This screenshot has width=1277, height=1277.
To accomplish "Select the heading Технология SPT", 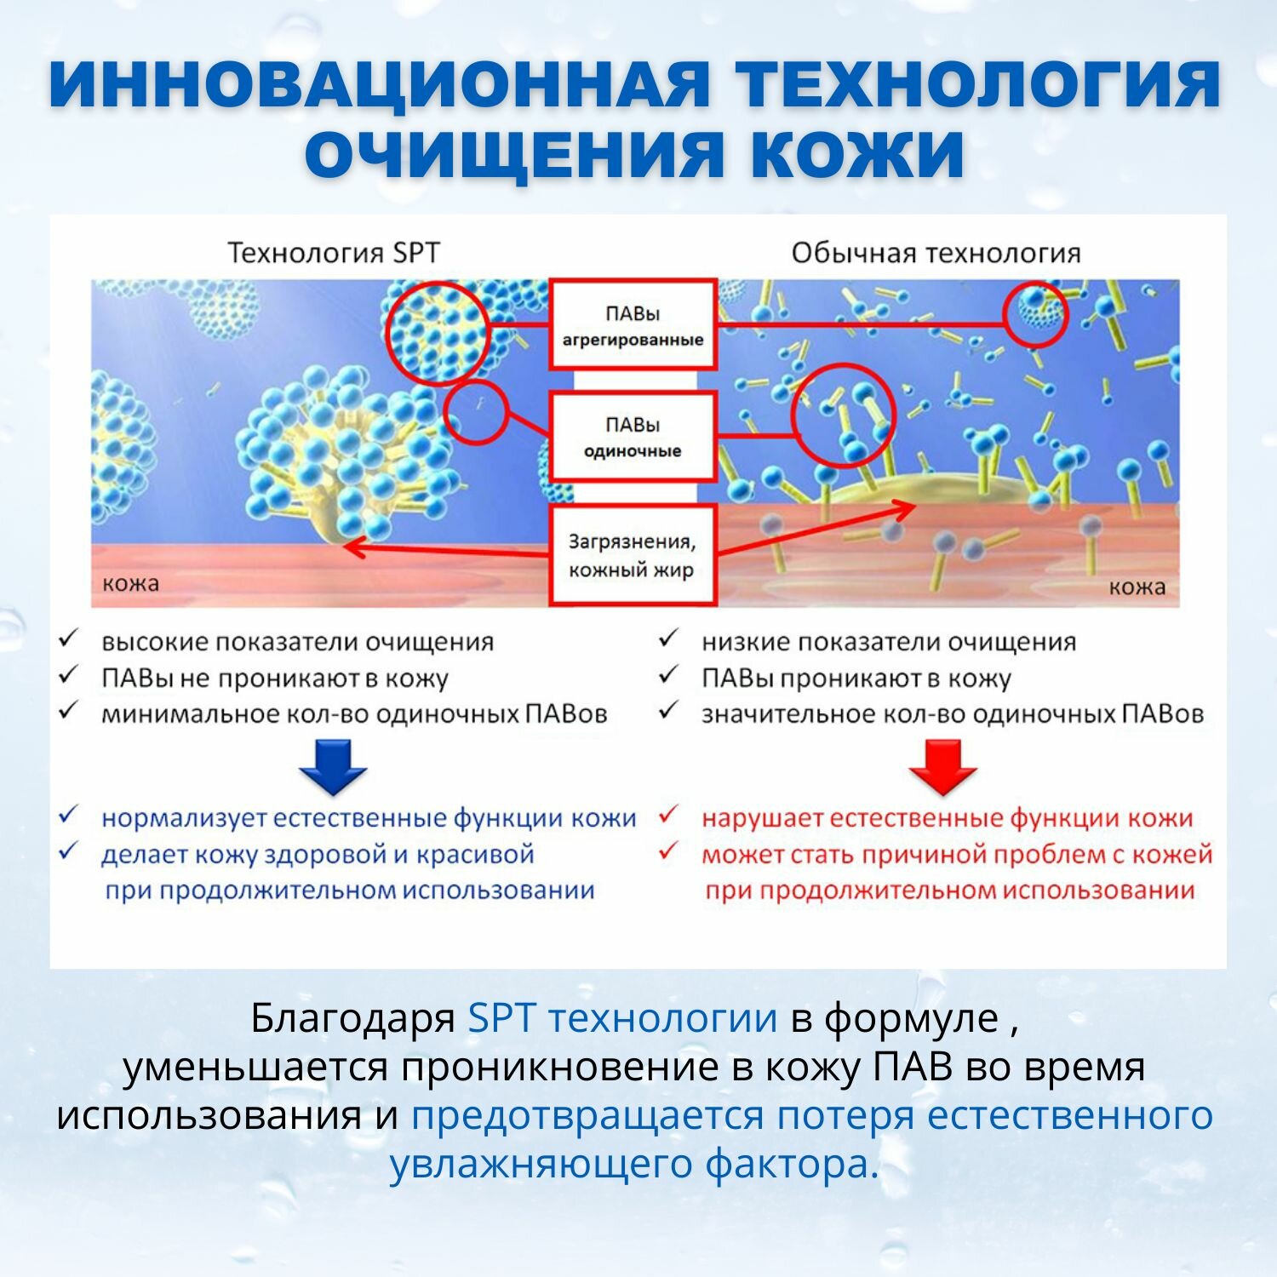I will (x=334, y=253).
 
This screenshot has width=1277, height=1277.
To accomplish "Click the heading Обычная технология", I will (x=936, y=253).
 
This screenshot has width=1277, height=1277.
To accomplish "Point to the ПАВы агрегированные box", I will (x=632, y=325).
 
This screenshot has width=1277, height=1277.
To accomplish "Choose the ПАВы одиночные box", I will (x=632, y=437).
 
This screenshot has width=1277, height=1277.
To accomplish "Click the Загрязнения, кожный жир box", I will (x=632, y=555).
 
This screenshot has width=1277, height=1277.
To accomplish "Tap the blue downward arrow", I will (x=333, y=766).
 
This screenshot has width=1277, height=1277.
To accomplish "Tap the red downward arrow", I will (x=942, y=766).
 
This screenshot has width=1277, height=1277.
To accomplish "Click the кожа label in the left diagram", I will (x=130, y=584).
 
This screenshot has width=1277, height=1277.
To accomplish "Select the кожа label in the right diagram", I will (x=1137, y=587).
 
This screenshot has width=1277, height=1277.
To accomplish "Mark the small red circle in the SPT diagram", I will (x=477, y=412).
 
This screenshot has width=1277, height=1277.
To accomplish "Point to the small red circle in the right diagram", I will (x=1035, y=314).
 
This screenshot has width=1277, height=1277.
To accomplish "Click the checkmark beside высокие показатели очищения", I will (x=69, y=638).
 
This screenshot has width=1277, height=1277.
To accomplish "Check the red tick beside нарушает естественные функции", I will (x=669, y=816).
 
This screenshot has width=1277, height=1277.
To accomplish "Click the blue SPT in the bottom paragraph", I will (x=501, y=1018).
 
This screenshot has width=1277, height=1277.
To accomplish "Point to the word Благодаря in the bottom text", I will (x=352, y=1018).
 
